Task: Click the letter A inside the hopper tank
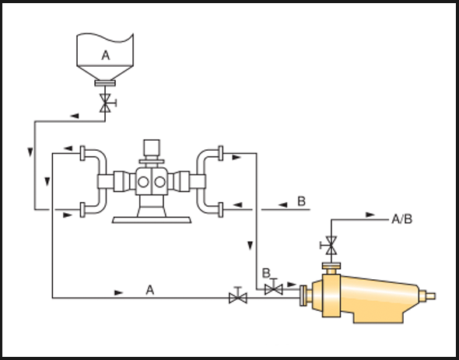pos(106,55)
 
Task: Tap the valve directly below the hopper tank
pos(105,103)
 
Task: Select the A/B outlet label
pos(402,219)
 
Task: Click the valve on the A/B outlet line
pos(331,245)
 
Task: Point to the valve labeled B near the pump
pos(273,289)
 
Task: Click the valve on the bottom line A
pos(238,298)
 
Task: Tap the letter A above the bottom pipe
pos(150,290)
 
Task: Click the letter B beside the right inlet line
pos(302,201)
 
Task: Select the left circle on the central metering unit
pos(143,182)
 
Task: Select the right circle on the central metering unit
pos(159,182)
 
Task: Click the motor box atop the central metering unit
pos(152,148)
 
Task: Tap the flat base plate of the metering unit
pos(152,220)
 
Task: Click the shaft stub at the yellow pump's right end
pos(431,296)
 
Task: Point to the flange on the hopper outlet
pos(105,83)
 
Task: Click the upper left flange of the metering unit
pos(82,153)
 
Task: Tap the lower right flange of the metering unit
pos(221,210)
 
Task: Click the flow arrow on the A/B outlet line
pos(370,215)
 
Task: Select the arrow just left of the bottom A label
pos(118,292)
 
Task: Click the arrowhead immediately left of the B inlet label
pos(282,204)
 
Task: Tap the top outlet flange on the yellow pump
pos(331,266)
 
